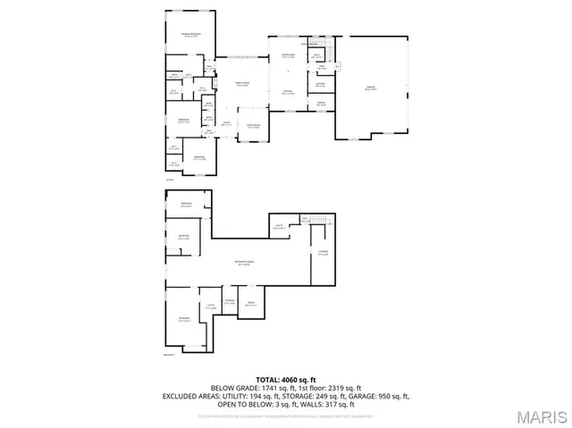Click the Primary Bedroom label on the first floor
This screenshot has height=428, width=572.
point(190,35)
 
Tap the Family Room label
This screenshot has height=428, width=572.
point(242,84)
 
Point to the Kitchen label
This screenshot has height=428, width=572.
point(289,92)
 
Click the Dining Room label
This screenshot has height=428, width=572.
point(253,126)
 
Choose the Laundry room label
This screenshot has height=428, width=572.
point(319,85)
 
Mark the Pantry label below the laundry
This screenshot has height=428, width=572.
point(319,103)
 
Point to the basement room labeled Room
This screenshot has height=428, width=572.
point(251,305)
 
